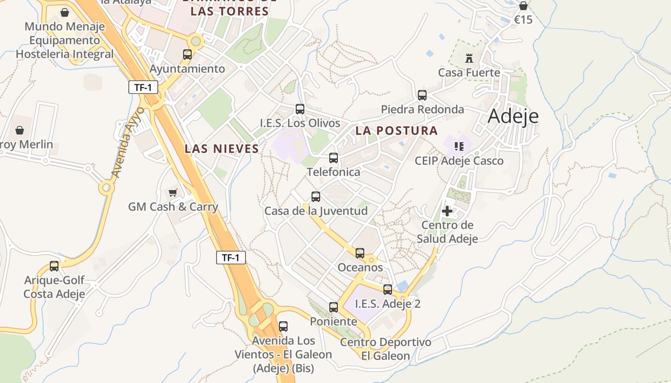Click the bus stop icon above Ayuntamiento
pos(187,55)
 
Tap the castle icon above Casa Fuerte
pos(469,58)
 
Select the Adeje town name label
pos(513,116)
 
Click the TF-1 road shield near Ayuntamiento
pos(143,87)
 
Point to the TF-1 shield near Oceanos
pos(231,258)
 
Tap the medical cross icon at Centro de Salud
pos(447,211)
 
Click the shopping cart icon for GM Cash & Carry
pos(173,192)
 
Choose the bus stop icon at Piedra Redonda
pos(422,95)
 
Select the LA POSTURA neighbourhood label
pos(396,131)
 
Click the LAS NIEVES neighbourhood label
pos(222,149)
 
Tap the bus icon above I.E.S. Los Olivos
pos(300,109)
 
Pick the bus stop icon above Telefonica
pos(334,158)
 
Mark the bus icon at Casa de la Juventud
pos(316,197)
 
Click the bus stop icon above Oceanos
pos(360,253)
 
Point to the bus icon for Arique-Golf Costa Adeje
pos(54,266)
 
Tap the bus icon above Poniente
pos(334,307)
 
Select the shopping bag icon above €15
pos(523,6)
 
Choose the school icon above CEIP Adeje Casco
pos(459,146)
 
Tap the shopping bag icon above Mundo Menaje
pos(65,12)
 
